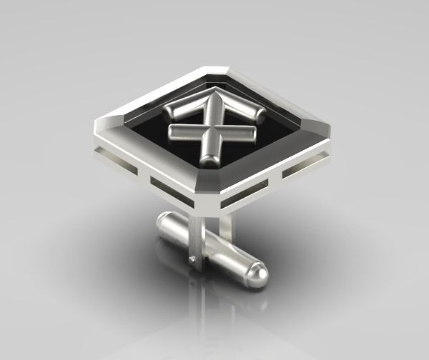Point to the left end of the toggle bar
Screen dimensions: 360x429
point(160,221)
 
